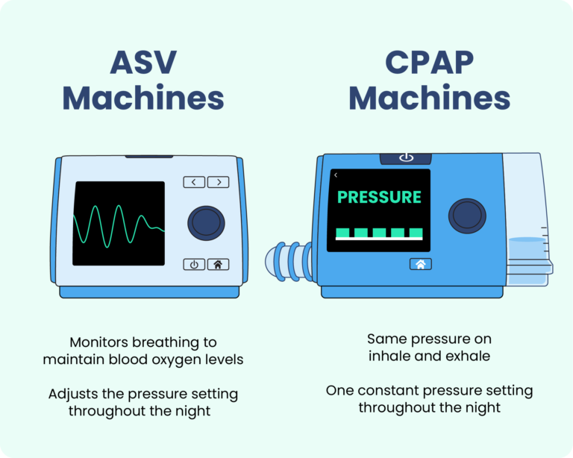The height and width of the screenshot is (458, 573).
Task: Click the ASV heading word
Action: point(143,63)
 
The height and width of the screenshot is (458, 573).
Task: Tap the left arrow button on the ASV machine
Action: point(194,181)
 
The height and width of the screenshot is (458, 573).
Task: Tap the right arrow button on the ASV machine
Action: point(218,181)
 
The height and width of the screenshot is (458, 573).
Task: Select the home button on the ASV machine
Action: point(218,264)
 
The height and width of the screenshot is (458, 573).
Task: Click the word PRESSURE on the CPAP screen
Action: point(379,198)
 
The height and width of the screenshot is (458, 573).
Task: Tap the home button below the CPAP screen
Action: point(420,264)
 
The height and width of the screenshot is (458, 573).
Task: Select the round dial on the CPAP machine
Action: point(467,216)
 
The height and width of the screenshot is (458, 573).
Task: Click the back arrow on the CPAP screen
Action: point(336,175)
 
